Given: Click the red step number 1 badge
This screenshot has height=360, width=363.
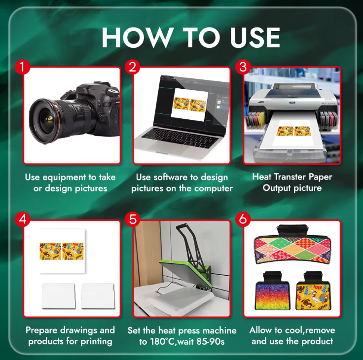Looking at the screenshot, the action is point(23,67).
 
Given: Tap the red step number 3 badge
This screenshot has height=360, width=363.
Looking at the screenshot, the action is point(243,67).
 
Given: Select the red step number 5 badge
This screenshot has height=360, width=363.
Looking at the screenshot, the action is point(133,219).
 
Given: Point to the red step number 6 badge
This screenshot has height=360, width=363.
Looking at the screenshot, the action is point(243,219).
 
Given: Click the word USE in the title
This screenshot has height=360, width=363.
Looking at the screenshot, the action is point(255,37).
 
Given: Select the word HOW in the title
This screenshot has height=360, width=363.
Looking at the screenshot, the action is point(137,37).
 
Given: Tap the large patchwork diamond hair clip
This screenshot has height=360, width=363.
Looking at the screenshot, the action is point(292,246).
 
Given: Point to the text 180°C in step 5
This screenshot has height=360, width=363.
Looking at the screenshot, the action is point(162,341).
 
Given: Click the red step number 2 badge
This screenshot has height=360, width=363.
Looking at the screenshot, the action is point(133,67).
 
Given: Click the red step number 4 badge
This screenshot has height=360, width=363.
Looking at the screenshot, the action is point(23,219).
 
